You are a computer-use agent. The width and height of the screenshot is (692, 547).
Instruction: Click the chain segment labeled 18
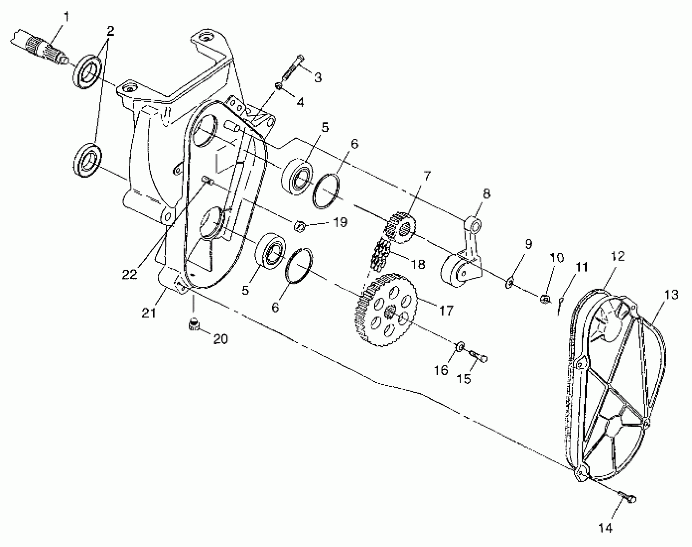(x=380, y=254)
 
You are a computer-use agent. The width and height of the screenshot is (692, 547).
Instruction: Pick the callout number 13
(x=671, y=295)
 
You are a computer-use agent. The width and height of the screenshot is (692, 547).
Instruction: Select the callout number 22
(x=129, y=274)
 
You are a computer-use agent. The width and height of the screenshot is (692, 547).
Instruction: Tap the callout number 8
(x=486, y=194)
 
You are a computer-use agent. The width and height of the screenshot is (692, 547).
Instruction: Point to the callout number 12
(x=617, y=256)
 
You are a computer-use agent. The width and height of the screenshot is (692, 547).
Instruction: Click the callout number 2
(x=110, y=31)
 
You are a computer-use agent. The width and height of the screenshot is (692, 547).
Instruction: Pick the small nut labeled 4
(x=279, y=87)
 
